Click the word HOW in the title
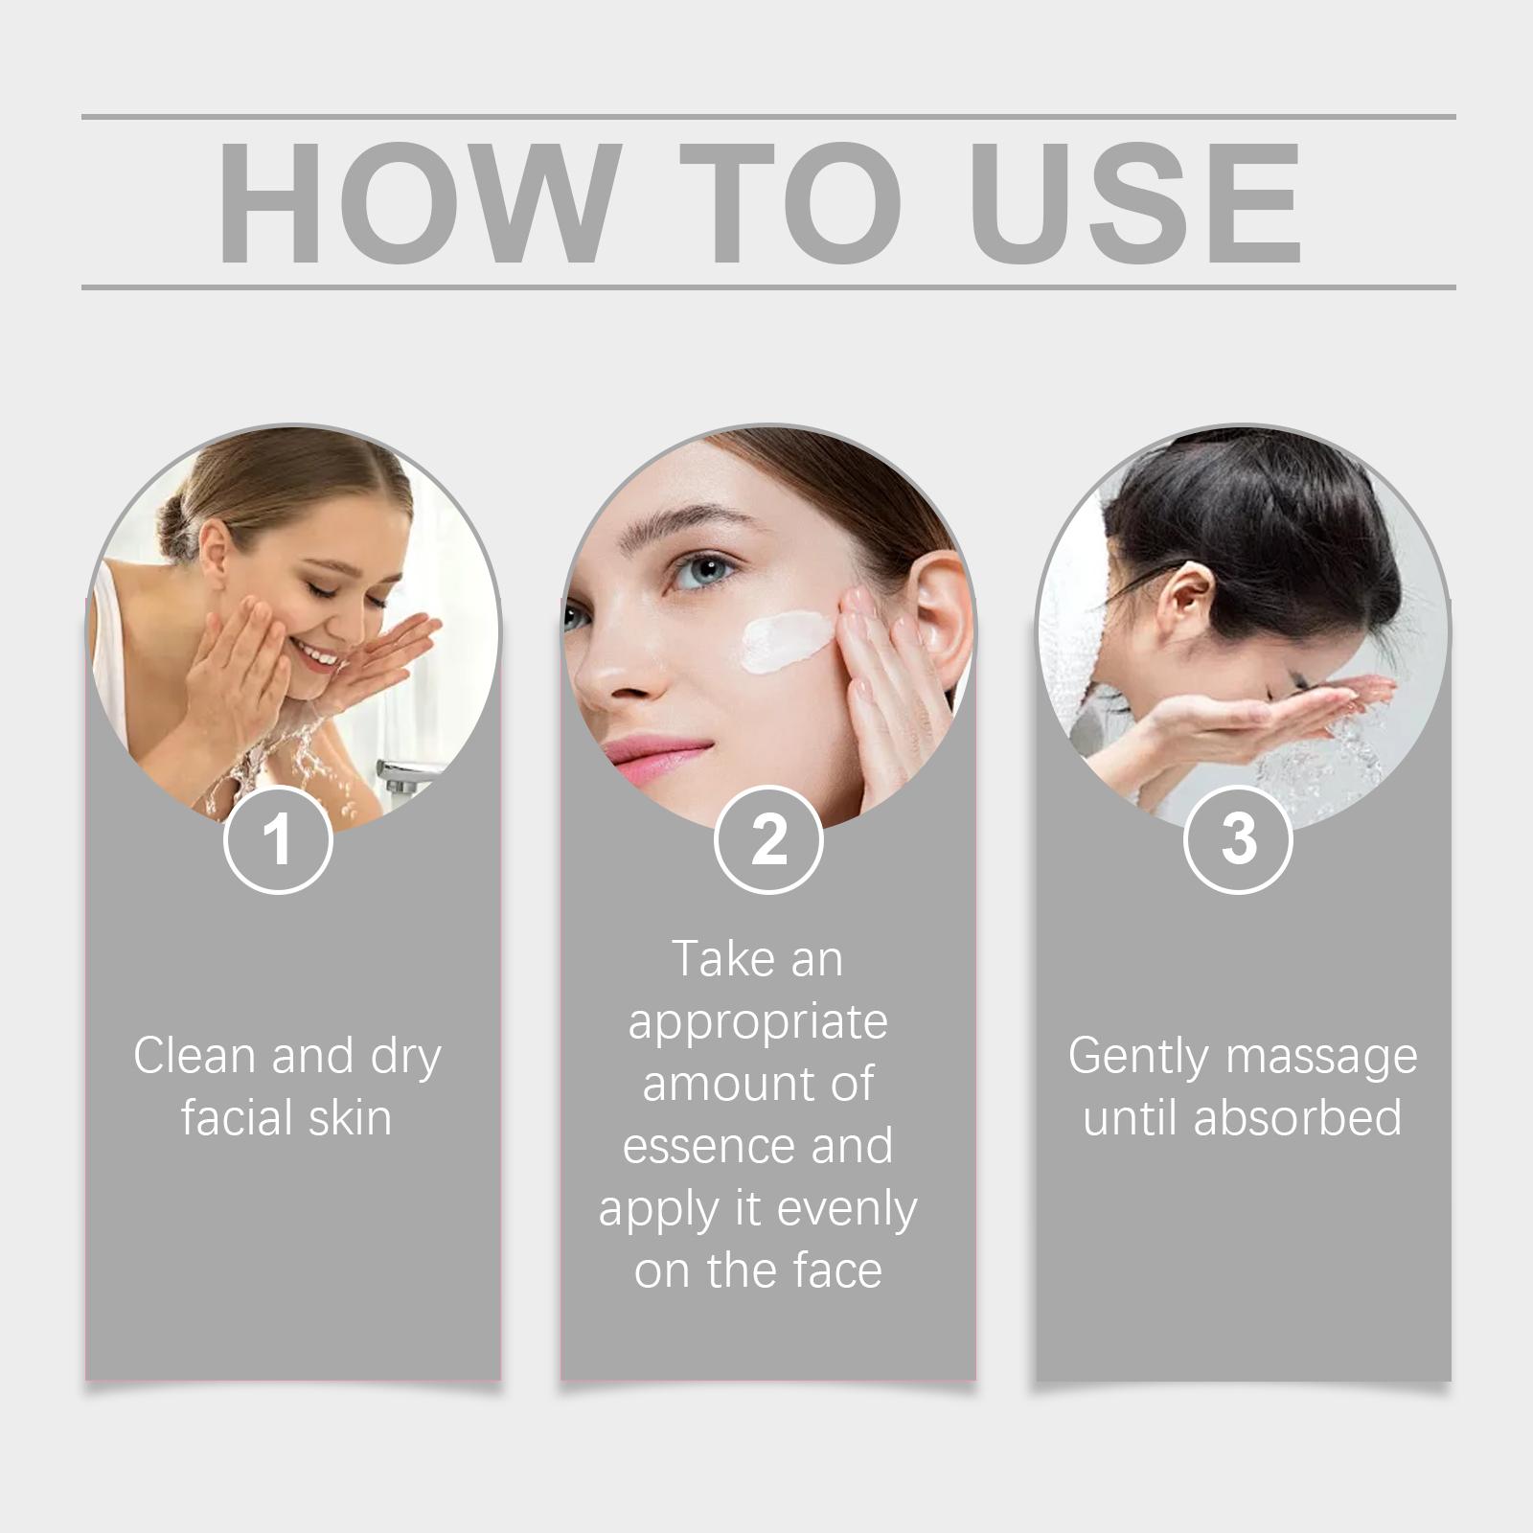[x=413, y=203]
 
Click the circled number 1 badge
[x=278, y=838]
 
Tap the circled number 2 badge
[x=768, y=838]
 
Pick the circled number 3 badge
[x=1238, y=838]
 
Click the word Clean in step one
[x=195, y=1056]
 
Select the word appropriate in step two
[x=758, y=1022]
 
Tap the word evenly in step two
[x=846, y=1209]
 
